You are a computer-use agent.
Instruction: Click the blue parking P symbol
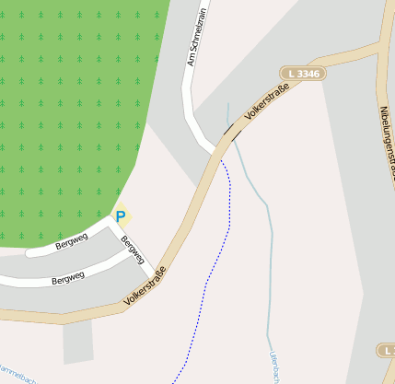point(120,217)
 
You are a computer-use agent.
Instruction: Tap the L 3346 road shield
point(303,73)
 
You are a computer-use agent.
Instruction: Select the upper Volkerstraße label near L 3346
point(268,102)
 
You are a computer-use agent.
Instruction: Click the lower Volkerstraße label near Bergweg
point(147,286)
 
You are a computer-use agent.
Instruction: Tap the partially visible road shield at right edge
point(388,351)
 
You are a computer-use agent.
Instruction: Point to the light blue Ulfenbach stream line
point(268,258)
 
